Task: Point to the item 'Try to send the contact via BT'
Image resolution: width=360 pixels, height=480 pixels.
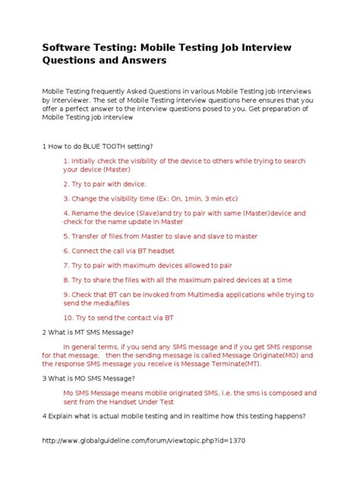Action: tap(118, 317)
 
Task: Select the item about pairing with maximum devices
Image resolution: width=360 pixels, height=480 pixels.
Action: tap(147, 265)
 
